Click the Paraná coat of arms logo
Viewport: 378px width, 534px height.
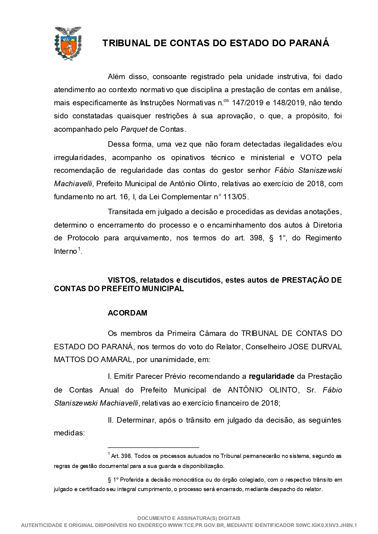68,43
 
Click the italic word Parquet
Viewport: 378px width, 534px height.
134,129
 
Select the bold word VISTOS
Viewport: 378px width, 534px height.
120,280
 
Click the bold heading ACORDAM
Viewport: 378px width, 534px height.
127,313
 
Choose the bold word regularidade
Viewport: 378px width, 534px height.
271,377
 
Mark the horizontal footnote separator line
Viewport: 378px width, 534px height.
153,448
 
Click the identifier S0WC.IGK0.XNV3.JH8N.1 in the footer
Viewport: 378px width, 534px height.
326,525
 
